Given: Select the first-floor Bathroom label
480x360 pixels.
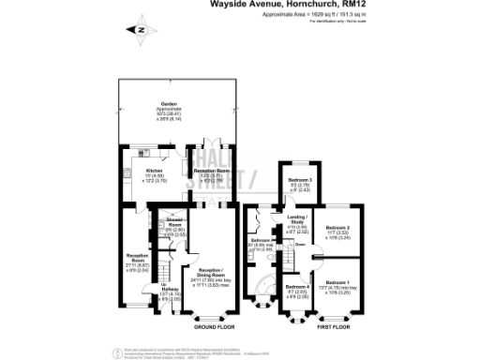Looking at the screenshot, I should pos(261,240).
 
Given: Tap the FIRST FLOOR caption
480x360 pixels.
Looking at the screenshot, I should pos(335,327).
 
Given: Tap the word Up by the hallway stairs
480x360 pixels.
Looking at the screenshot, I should pos(165,285).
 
